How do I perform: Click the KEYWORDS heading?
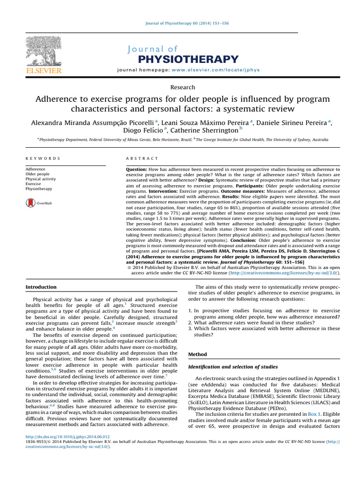point(43,159)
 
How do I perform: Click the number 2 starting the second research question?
point(190,323)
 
